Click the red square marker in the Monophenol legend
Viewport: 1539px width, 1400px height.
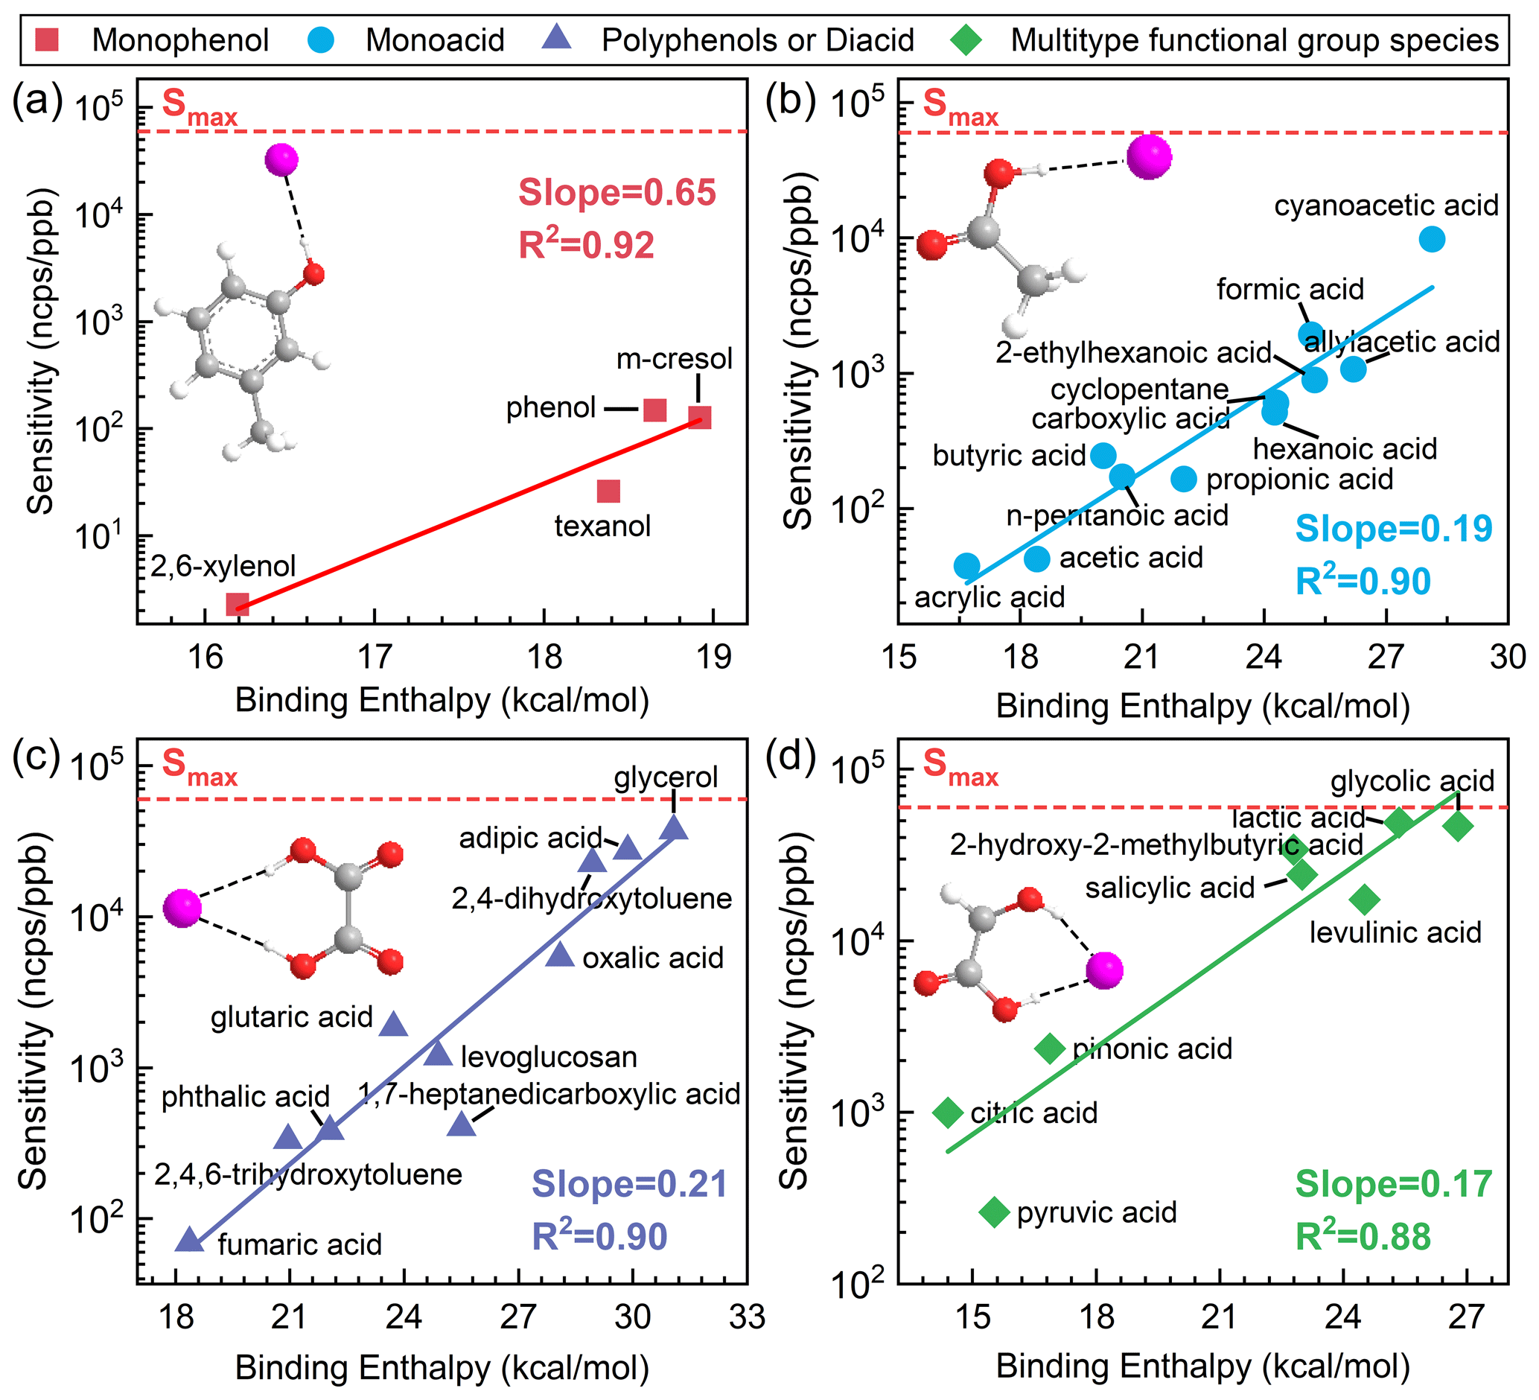[47, 39]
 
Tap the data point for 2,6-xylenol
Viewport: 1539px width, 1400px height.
[238, 605]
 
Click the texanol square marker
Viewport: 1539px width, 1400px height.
[608, 491]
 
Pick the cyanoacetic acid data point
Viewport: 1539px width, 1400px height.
[1432, 239]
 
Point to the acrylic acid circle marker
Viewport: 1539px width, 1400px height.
[966, 566]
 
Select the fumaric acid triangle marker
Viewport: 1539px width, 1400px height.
[189, 1241]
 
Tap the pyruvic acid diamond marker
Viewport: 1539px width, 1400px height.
[994, 1212]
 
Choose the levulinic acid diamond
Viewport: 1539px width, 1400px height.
[1365, 900]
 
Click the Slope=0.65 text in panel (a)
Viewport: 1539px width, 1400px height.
[616, 192]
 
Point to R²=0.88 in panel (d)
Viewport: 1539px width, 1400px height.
[1363, 1237]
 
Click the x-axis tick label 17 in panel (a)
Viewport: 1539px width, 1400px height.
[375, 658]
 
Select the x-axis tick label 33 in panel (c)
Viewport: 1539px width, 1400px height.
[746, 1317]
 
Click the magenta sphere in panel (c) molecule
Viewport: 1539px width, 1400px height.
[182, 909]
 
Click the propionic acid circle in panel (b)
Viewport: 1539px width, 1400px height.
[1184, 479]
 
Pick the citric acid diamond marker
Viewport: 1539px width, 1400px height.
[948, 1113]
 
